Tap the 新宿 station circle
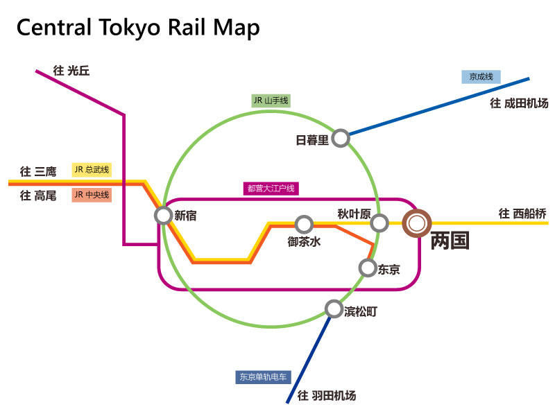(163, 216)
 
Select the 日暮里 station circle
(340, 139)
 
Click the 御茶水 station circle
(303, 224)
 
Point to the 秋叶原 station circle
(379, 223)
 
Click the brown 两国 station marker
(417, 223)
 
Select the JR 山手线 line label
(270, 101)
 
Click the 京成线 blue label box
(481, 77)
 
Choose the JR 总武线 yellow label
(92, 170)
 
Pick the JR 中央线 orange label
(92, 195)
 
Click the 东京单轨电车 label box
(263, 378)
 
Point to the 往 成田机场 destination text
(519, 103)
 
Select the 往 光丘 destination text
(71, 71)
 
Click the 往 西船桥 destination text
(523, 214)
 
